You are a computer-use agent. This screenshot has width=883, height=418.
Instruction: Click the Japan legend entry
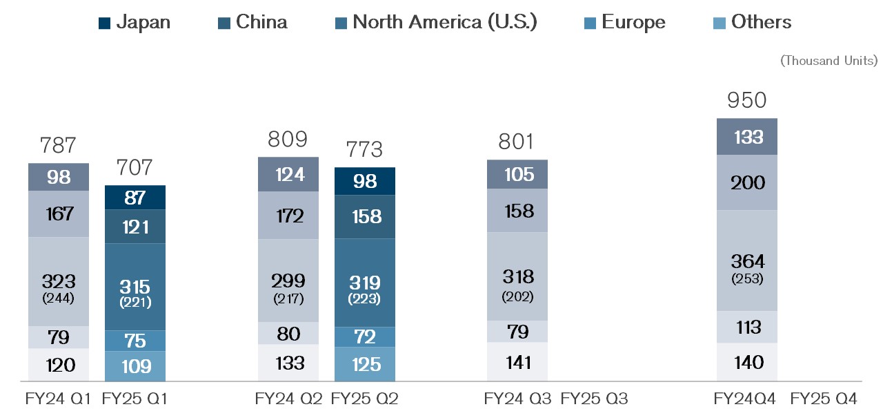coord(135,22)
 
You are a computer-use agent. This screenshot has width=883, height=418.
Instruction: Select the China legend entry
coord(252,22)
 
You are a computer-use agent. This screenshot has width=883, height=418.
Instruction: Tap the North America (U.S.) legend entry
coord(435,22)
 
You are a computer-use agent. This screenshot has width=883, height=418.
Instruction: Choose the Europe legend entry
coord(624,22)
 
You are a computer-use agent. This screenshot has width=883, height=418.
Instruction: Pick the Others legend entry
coord(752,22)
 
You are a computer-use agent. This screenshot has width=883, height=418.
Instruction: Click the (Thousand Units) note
coord(829,61)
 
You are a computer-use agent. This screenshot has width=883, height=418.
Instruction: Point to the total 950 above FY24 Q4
coord(746,101)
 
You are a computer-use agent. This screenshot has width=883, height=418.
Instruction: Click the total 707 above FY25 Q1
coord(135,168)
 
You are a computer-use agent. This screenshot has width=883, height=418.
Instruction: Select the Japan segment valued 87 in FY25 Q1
coord(135,198)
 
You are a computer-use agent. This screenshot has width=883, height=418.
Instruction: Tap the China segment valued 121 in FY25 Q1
coord(135,227)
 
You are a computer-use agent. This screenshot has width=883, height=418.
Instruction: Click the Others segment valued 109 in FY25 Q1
coord(135,366)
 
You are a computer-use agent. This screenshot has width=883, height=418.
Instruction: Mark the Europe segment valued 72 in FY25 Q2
coord(364,337)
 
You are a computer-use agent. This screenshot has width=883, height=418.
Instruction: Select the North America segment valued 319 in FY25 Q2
coord(364,283)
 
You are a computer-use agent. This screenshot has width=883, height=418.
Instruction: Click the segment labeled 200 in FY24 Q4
coord(747,182)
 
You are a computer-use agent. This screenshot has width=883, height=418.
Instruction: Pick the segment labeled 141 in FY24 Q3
coord(517,362)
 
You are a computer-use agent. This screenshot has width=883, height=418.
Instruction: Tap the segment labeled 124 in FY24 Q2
coord(288,174)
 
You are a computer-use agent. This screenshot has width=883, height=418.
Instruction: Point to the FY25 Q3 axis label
coord(594,399)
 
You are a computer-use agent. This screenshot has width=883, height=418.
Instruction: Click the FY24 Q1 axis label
coord(59,399)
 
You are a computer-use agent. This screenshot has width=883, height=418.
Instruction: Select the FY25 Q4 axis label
coord(823,399)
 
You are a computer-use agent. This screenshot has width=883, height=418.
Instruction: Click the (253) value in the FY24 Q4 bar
coord(747,280)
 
